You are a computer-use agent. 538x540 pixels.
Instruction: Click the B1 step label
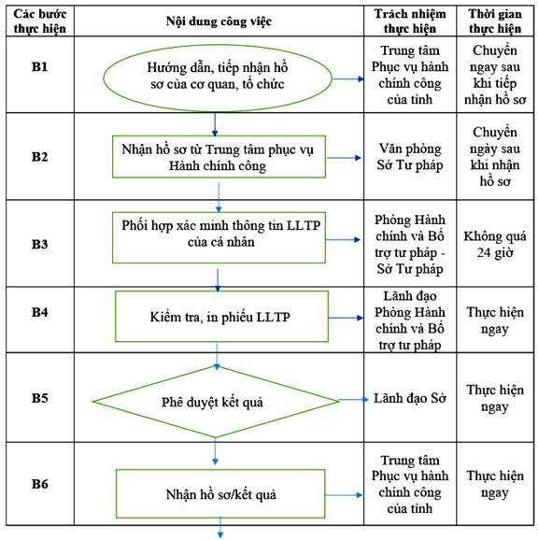(x=39, y=66)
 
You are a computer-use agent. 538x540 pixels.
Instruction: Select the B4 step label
(x=39, y=312)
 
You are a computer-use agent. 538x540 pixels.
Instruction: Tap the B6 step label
(x=39, y=484)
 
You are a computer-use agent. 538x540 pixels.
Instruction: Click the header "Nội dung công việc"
(x=219, y=21)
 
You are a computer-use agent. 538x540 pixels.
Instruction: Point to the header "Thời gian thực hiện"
(x=495, y=21)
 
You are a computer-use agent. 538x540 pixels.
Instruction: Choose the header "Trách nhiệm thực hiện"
(x=410, y=21)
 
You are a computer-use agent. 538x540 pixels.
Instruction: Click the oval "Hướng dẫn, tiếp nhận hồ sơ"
(x=218, y=78)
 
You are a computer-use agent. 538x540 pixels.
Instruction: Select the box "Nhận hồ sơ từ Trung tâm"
(x=219, y=157)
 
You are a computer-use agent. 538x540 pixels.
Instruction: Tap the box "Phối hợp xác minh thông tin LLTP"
(x=219, y=237)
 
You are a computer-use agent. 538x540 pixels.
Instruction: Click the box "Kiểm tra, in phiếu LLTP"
(x=221, y=317)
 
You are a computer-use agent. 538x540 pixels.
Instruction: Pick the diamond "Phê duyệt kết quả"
(x=216, y=402)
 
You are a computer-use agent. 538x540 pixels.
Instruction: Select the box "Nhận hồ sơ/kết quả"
(x=220, y=494)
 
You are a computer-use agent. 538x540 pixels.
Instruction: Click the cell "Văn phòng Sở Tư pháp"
(x=410, y=157)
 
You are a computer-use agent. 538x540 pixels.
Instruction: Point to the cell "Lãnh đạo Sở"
(x=410, y=398)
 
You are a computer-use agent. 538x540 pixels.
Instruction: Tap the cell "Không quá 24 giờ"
(x=495, y=245)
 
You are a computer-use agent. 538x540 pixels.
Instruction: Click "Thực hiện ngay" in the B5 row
(x=495, y=398)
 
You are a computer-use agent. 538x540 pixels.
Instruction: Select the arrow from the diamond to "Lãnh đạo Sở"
(x=353, y=400)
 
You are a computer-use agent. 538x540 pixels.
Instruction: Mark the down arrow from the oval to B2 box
(x=215, y=124)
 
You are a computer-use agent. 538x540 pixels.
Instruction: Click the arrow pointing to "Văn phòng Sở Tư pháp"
(x=344, y=158)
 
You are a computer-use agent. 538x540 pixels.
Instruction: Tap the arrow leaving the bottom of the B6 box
(x=220, y=528)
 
